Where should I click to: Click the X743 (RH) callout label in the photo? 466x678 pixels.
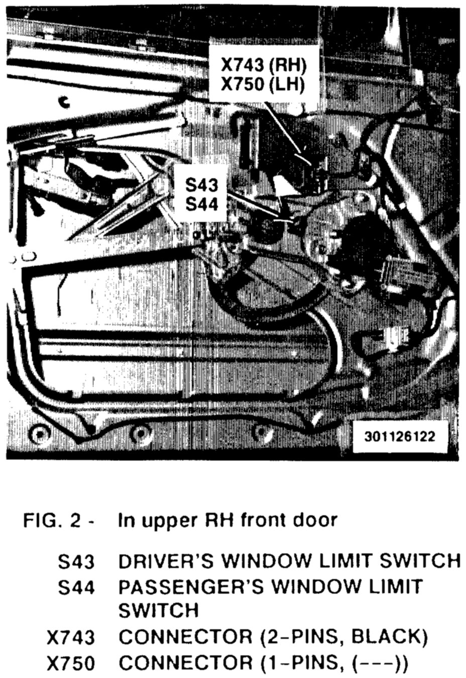click(x=264, y=65)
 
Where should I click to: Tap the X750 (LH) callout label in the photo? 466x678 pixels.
click(x=264, y=84)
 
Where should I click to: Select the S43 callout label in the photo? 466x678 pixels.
click(x=202, y=186)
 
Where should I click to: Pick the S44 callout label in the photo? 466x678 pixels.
click(x=202, y=204)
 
